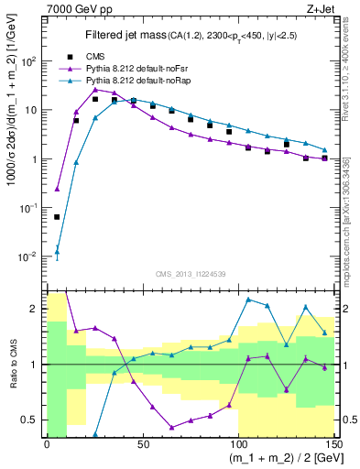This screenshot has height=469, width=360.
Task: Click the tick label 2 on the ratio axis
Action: click(37, 309)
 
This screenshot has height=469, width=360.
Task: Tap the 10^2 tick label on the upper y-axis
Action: click(30, 61)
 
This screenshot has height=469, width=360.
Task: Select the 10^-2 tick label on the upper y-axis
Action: click(30, 256)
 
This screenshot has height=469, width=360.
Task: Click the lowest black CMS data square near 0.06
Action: click(57, 217)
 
